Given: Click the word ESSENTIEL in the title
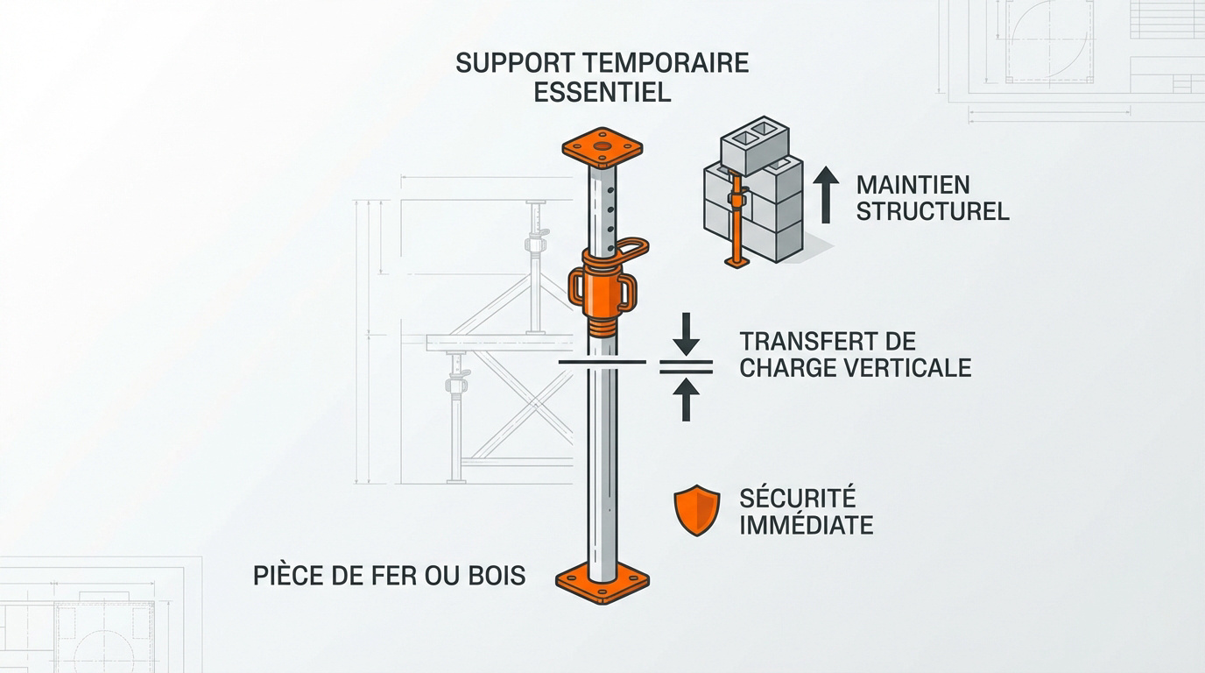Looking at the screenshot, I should [602, 92].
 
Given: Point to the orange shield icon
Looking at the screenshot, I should [696, 512].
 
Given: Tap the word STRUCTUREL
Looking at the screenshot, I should [932, 211].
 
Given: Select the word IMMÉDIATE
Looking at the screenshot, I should [806, 525].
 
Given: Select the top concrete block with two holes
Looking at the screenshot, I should [753, 145].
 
